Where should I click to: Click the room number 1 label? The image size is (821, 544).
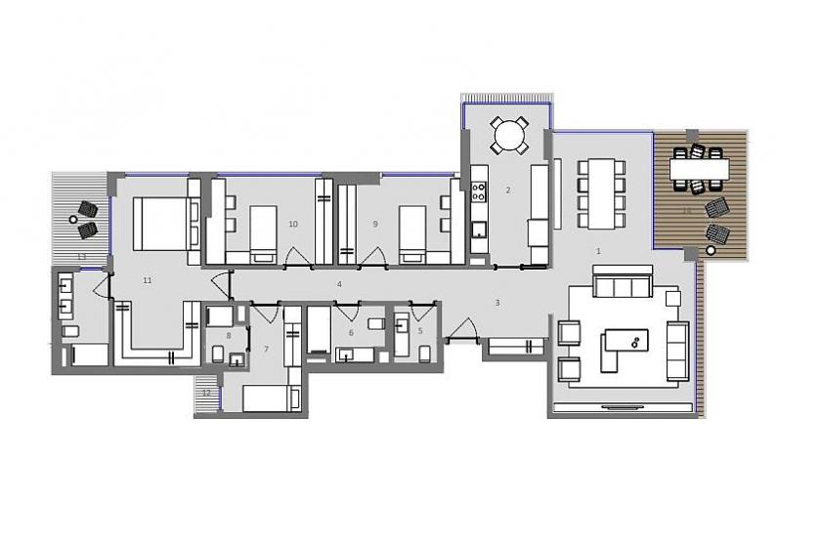click(598, 251)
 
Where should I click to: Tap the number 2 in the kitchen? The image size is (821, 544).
click(508, 189)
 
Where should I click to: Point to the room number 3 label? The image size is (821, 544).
click(497, 303)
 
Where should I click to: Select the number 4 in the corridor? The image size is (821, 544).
click(339, 284)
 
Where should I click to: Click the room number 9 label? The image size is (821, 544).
click(374, 224)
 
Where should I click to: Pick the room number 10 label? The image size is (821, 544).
click(293, 224)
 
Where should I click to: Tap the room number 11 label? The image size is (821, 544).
click(147, 280)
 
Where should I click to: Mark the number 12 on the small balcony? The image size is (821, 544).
click(206, 393)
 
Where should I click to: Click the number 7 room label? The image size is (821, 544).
click(265, 349)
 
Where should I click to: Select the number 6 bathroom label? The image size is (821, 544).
click(351, 333)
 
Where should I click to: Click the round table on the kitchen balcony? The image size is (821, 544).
click(508, 135)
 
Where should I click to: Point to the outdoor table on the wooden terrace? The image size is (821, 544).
click(700, 170)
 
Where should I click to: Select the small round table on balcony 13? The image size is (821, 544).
click(74, 219)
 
